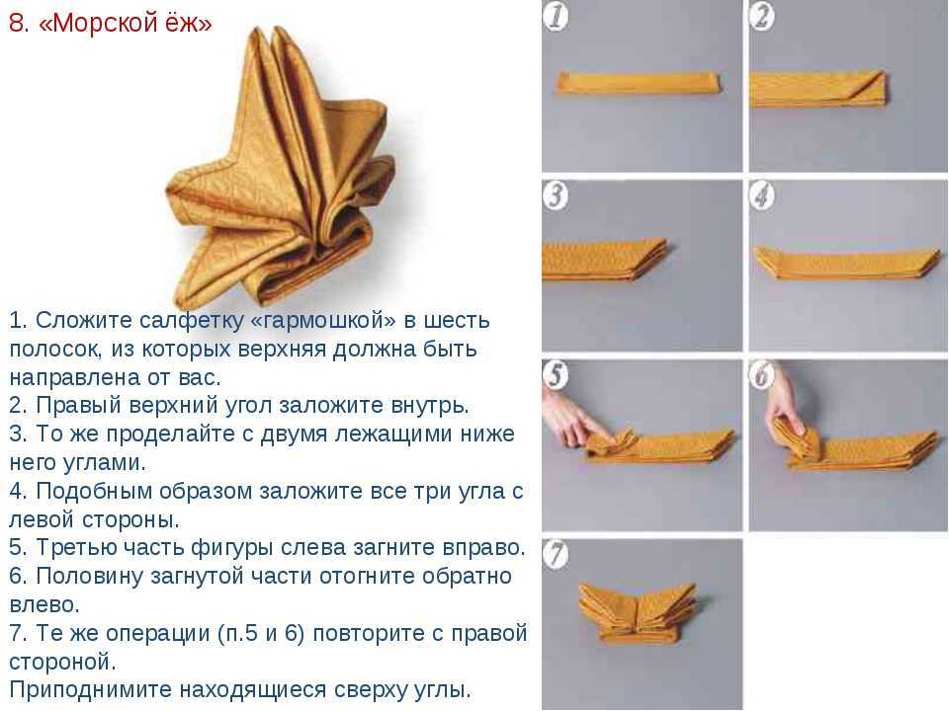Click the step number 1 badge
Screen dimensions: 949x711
[555, 15]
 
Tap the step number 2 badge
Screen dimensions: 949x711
[762, 16]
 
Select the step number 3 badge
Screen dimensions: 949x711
[555, 196]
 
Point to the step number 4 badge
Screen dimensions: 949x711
[762, 196]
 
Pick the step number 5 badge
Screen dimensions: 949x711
[555, 375]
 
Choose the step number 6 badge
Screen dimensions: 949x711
[762, 375]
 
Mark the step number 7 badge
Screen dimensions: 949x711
[555, 554]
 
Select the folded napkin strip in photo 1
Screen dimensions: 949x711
[640, 83]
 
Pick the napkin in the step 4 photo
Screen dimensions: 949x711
[847, 261]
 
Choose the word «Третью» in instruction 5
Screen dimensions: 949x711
[76, 548]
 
